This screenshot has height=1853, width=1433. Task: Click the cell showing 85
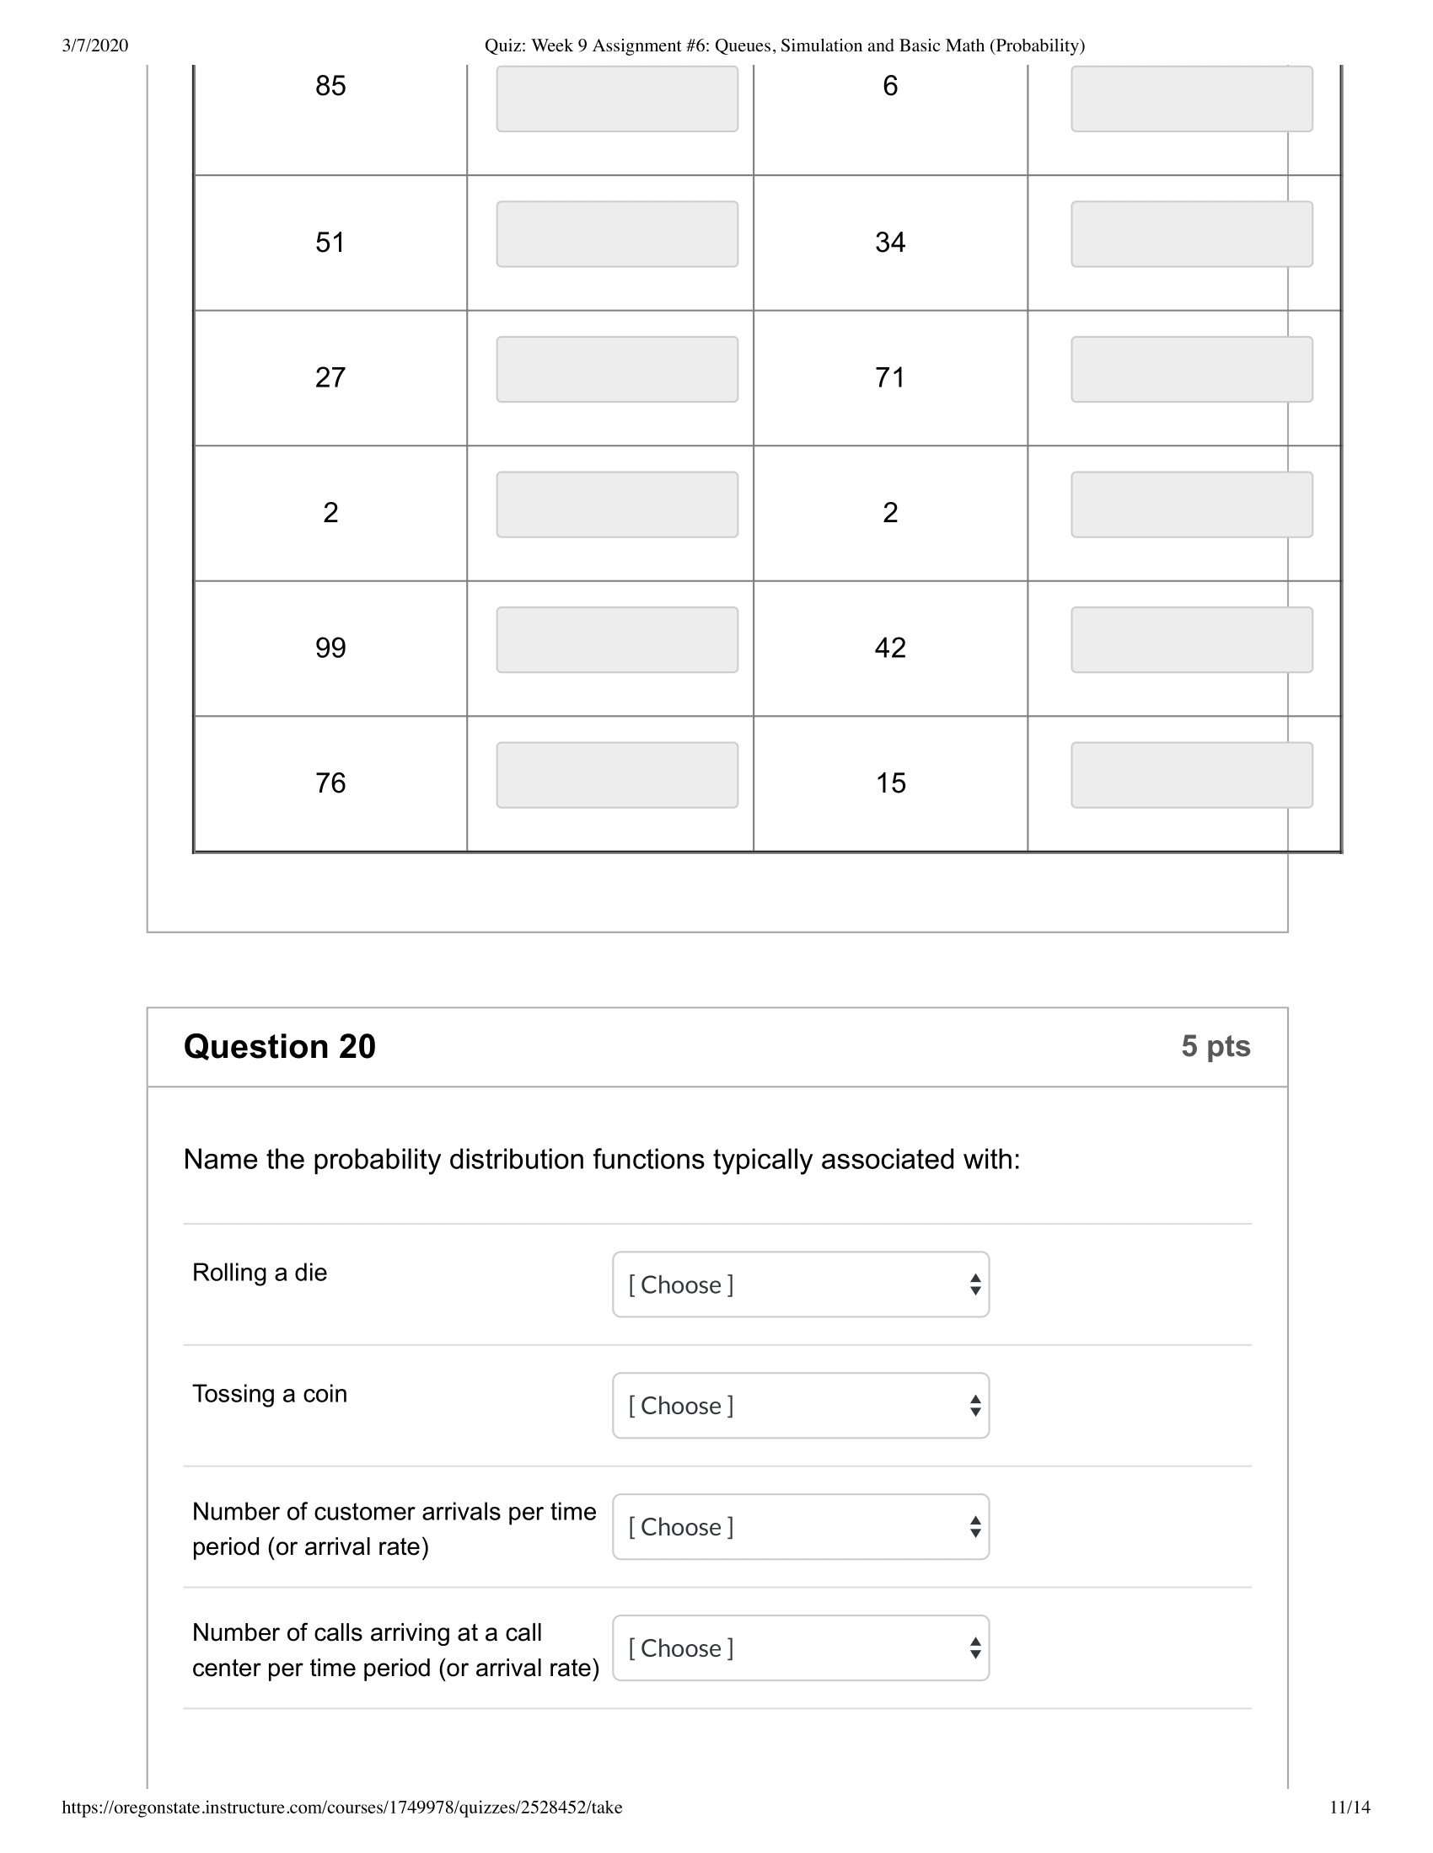[330, 86]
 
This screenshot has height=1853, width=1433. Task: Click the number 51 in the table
[330, 242]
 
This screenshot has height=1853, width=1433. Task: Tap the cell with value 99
[330, 648]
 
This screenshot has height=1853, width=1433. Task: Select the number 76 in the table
[330, 782]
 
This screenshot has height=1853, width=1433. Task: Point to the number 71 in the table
[889, 376]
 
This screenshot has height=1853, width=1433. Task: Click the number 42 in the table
[889, 648]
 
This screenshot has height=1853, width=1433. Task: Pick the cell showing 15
[889, 782]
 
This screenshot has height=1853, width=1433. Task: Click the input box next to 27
[616, 369]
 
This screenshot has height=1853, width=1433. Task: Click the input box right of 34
[1191, 234]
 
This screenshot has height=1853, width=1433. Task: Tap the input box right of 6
[1191, 99]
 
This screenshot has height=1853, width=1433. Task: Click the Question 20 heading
[279, 1046]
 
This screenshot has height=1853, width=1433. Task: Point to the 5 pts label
[1215, 1046]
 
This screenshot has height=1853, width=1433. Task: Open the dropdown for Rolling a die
[800, 1284]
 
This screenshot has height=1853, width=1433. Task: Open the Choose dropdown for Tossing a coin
[800, 1406]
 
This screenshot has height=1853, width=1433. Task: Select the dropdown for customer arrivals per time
[800, 1527]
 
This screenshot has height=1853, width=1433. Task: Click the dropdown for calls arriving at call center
[800, 1648]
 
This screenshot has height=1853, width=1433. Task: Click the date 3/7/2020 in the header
[95, 45]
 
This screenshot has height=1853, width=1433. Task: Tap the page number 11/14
[1349, 1808]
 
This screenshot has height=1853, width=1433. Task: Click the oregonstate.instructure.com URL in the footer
[341, 1808]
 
